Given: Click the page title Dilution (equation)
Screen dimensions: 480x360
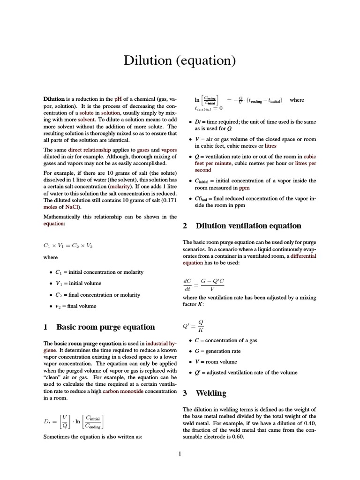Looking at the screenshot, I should click(180, 60).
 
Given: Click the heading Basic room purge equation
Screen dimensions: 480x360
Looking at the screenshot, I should click(105, 327).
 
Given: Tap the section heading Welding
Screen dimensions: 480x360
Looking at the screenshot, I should click(210, 393).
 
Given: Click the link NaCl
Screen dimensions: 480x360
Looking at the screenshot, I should click(72, 207).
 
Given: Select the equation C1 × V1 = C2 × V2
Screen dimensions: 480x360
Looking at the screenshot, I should click(67, 245).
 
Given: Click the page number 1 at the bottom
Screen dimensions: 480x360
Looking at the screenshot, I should click(180, 453).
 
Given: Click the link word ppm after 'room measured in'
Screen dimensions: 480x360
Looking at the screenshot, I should click(244, 187).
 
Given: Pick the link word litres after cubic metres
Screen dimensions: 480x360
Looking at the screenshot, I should click(270, 146).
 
